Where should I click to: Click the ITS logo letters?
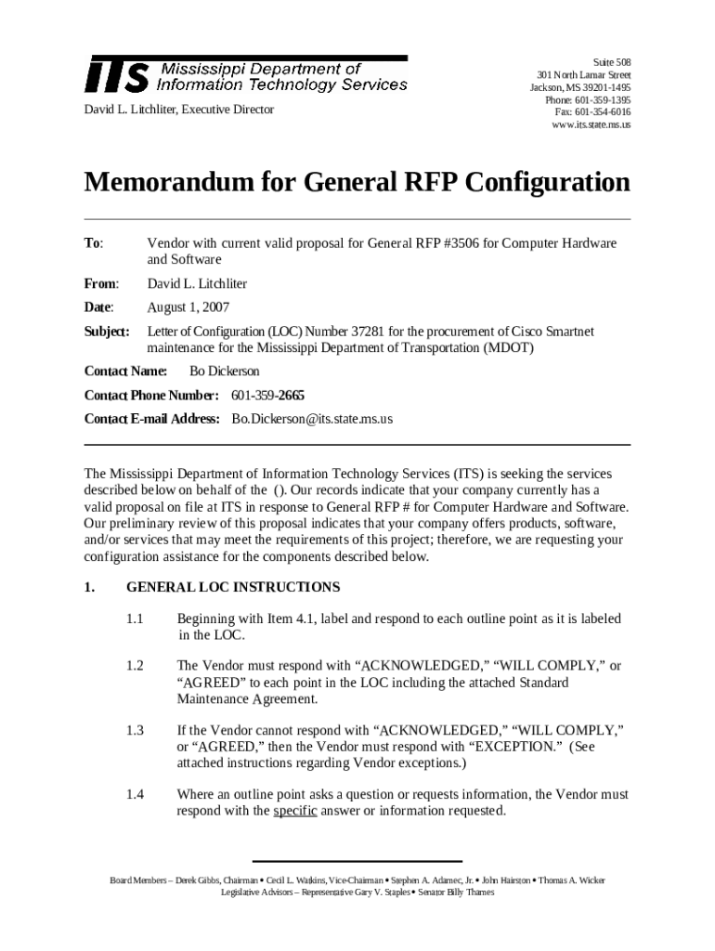click(117, 74)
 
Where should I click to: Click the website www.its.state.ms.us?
click(591, 124)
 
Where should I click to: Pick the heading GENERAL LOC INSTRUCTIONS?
click(233, 588)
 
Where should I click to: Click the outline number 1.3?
click(136, 731)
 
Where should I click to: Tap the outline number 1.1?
click(136, 619)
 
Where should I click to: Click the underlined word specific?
click(295, 811)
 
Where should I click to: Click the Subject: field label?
click(108, 332)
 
